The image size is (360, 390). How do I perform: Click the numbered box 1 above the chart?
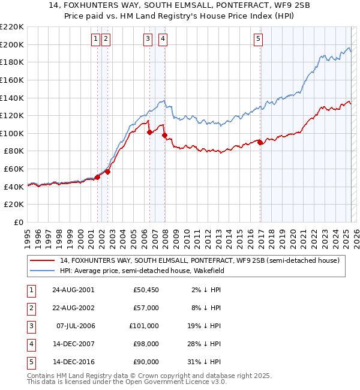95,39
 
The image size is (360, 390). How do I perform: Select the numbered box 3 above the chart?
148,39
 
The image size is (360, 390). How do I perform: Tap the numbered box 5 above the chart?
258,39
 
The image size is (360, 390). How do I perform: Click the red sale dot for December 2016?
260,142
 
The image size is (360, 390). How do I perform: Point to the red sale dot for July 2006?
149,133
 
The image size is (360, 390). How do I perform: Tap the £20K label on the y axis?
14,204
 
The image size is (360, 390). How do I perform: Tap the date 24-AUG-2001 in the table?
73,290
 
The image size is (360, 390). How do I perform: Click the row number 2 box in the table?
31,308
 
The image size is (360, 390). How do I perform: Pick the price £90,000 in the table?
146,362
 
